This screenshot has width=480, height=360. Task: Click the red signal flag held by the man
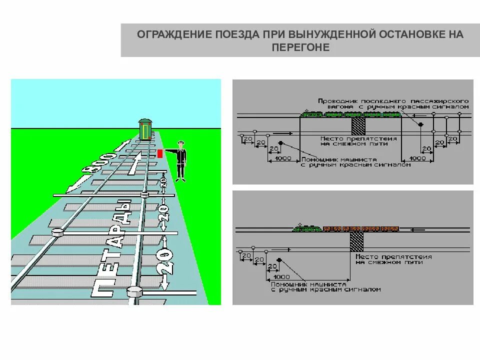[160, 152]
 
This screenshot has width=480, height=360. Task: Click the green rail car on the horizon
[145, 129]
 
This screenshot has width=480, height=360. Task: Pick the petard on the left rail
[57, 232]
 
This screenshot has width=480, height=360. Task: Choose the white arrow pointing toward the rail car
[134, 165]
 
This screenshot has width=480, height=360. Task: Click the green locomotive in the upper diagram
[311, 114]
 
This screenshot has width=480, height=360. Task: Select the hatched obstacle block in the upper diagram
[358, 123]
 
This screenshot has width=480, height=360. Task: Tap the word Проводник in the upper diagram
[334, 100]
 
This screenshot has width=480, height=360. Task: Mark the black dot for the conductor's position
[420, 124]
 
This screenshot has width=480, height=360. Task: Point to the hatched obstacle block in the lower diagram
[356, 240]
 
